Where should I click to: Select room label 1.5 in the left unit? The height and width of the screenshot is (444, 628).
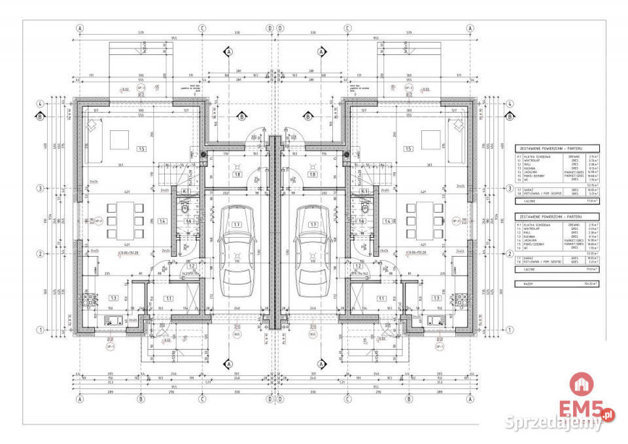[141, 149]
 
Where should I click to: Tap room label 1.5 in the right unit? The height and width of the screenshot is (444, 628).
[408, 149]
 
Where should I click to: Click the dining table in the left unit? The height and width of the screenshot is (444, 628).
[122, 221]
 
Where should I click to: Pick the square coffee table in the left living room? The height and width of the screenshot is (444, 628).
[119, 140]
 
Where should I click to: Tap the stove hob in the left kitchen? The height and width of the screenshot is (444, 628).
[87, 299]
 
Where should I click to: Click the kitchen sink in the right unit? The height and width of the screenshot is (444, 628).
[435, 321]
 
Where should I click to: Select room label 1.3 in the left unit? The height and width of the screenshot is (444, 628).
[113, 297]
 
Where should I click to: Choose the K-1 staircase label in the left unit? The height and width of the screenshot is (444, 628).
[185, 191]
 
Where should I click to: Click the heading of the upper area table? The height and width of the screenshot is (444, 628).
[549, 149]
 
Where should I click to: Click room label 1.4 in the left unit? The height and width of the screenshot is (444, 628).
[162, 222]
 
